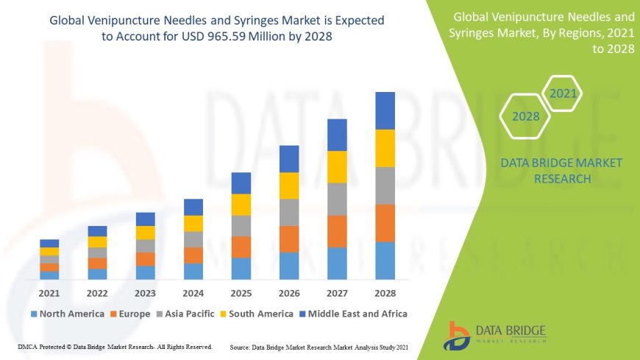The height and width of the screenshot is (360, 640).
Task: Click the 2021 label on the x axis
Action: click(x=49, y=293)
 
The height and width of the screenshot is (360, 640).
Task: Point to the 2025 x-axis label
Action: click(x=241, y=293)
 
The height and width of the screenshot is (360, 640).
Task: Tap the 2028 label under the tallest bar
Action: click(x=385, y=293)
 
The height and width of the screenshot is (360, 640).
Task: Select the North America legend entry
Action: click(x=68, y=314)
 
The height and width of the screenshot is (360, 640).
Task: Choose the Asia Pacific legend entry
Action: click(x=195, y=314)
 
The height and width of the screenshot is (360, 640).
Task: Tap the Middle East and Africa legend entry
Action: click(x=356, y=314)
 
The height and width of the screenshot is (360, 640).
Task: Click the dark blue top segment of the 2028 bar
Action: click(x=385, y=110)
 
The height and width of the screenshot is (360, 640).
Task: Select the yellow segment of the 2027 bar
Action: click(x=337, y=166)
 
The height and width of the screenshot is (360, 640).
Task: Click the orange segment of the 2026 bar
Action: click(x=289, y=239)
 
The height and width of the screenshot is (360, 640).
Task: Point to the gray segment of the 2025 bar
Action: click(x=241, y=225)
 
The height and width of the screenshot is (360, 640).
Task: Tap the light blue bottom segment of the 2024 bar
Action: click(x=193, y=271)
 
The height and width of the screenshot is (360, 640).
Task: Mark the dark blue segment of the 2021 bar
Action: click(x=49, y=243)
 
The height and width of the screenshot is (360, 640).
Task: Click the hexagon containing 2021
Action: click(x=563, y=94)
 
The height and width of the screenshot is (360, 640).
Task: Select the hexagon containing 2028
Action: click(x=526, y=116)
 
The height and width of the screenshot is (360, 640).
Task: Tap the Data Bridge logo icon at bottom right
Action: click(x=458, y=334)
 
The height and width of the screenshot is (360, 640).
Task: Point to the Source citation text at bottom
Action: click(x=319, y=347)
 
